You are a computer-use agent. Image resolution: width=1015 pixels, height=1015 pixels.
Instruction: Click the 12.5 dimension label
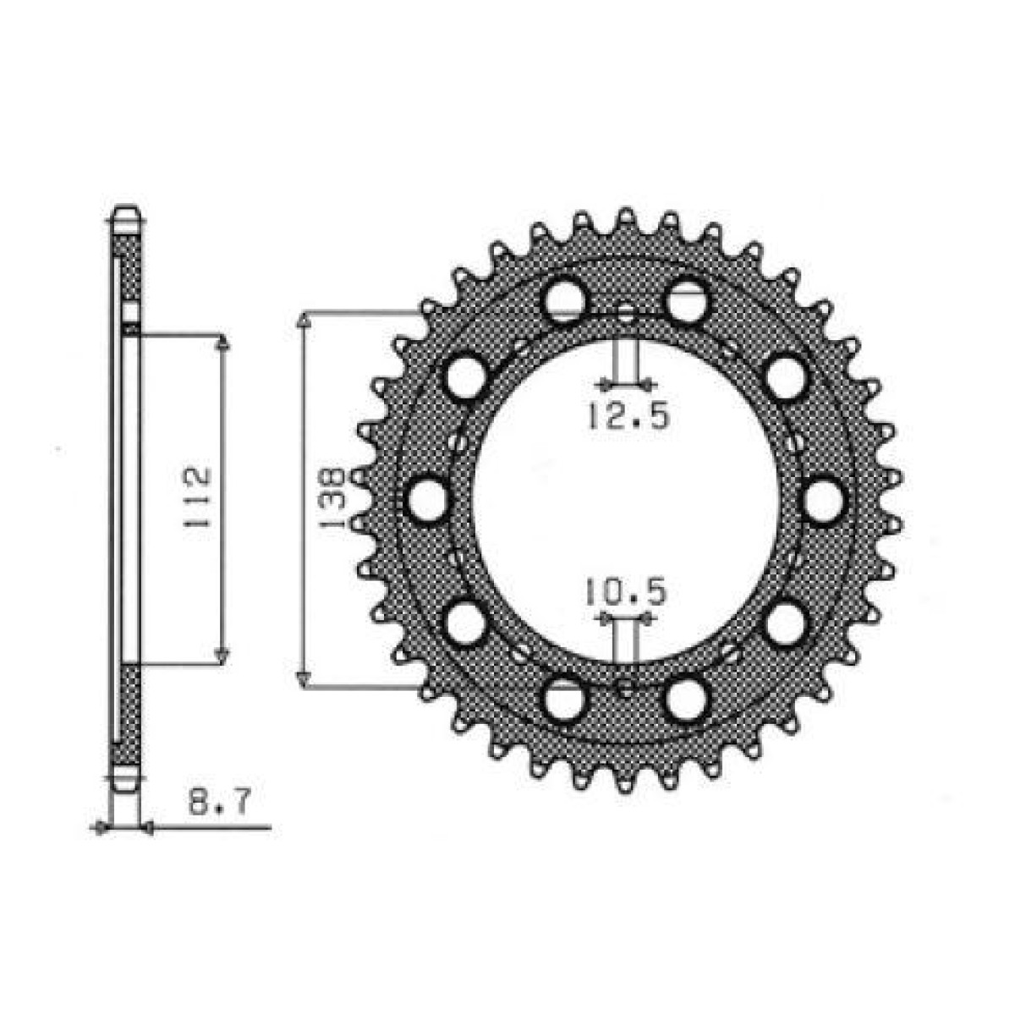pos(624,416)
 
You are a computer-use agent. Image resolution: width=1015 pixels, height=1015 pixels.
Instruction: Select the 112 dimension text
pos(196,499)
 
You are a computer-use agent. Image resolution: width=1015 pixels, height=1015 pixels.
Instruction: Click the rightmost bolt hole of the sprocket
pos(824,500)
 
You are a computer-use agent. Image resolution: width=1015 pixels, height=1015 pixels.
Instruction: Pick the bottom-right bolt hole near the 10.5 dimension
pos(686,701)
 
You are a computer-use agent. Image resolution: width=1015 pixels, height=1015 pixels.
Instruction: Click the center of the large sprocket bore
pos(625,500)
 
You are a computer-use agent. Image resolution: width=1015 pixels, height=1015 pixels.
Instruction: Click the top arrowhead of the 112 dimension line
pos(222,343)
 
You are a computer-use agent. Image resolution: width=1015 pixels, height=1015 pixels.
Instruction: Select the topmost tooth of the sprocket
pos(625,217)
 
